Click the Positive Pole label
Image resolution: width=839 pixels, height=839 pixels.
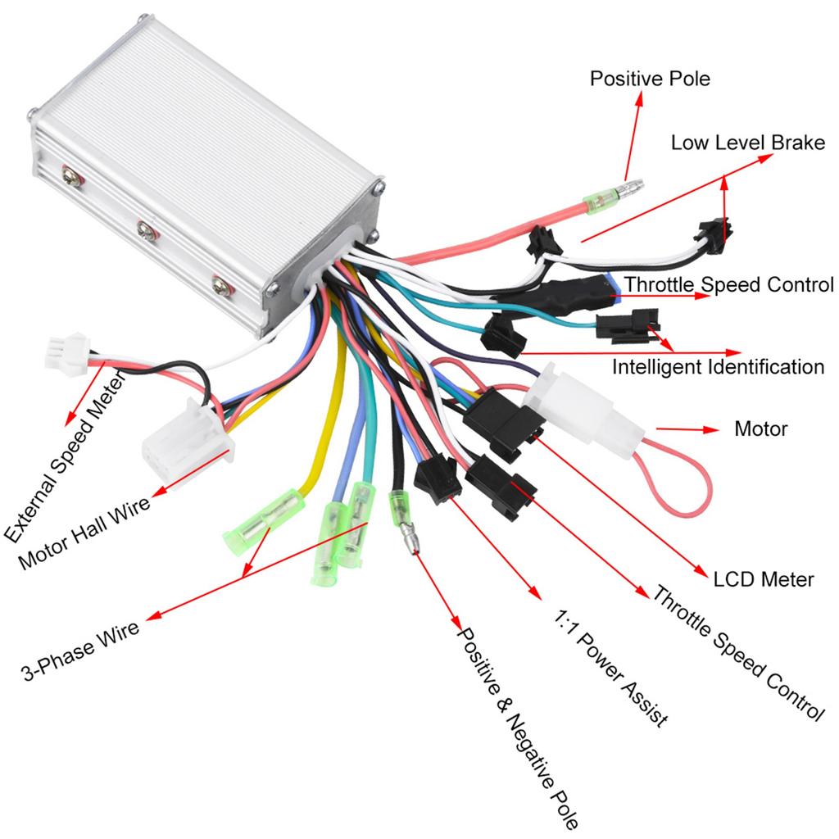pyautogui.click(x=650, y=79)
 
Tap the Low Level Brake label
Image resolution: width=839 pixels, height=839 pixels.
pyautogui.click(x=747, y=143)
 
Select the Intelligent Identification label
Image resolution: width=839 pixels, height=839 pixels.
pyautogui.click(x=718, y=366)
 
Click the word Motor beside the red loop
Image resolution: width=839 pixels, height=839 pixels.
pyautogui.click(x=760, y=429)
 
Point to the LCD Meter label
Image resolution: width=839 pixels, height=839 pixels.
pyautogui.click(x=763, y=580)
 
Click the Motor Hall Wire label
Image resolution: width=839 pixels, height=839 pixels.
pyautogui.click(x=84, y=533)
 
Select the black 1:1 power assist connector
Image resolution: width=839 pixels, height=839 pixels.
pyautogui.click(x=438, y=481)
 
